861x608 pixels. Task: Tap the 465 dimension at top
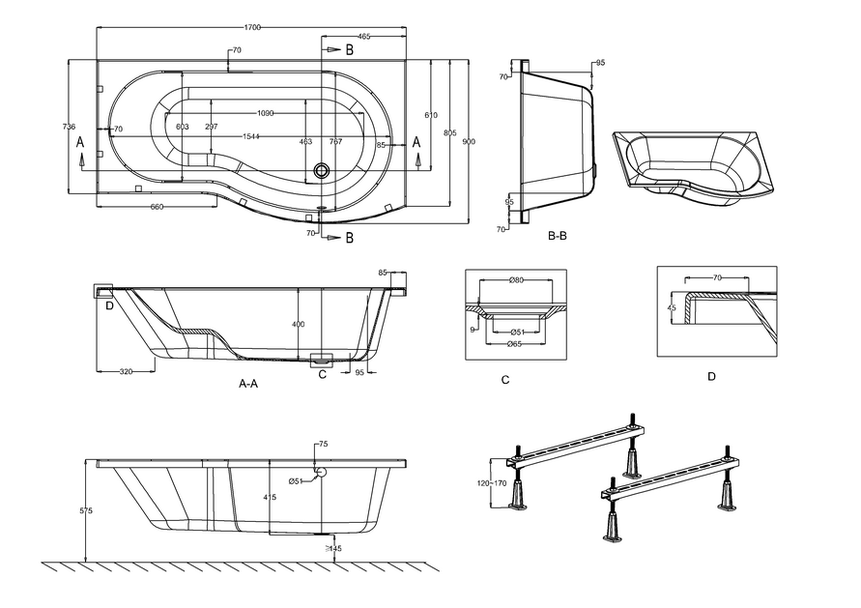pos(363,36)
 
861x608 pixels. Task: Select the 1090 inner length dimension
pos(265,113)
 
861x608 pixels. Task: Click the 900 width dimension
pos(468,142)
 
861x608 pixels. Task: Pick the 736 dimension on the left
pos(69,127)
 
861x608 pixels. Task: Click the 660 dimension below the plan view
pos(158,208)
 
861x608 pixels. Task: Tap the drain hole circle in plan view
pos(321,171)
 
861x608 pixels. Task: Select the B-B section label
pos(558,236)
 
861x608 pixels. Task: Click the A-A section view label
pos(248,384)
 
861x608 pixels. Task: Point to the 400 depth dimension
pos(299,324)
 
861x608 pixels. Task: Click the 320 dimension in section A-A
pos(126,372)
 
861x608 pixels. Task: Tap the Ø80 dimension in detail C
pos(516,281)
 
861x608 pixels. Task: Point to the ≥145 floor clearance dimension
pos(333,549)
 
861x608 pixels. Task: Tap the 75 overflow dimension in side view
pos(323,445)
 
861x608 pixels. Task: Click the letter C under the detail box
pos(504,380)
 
